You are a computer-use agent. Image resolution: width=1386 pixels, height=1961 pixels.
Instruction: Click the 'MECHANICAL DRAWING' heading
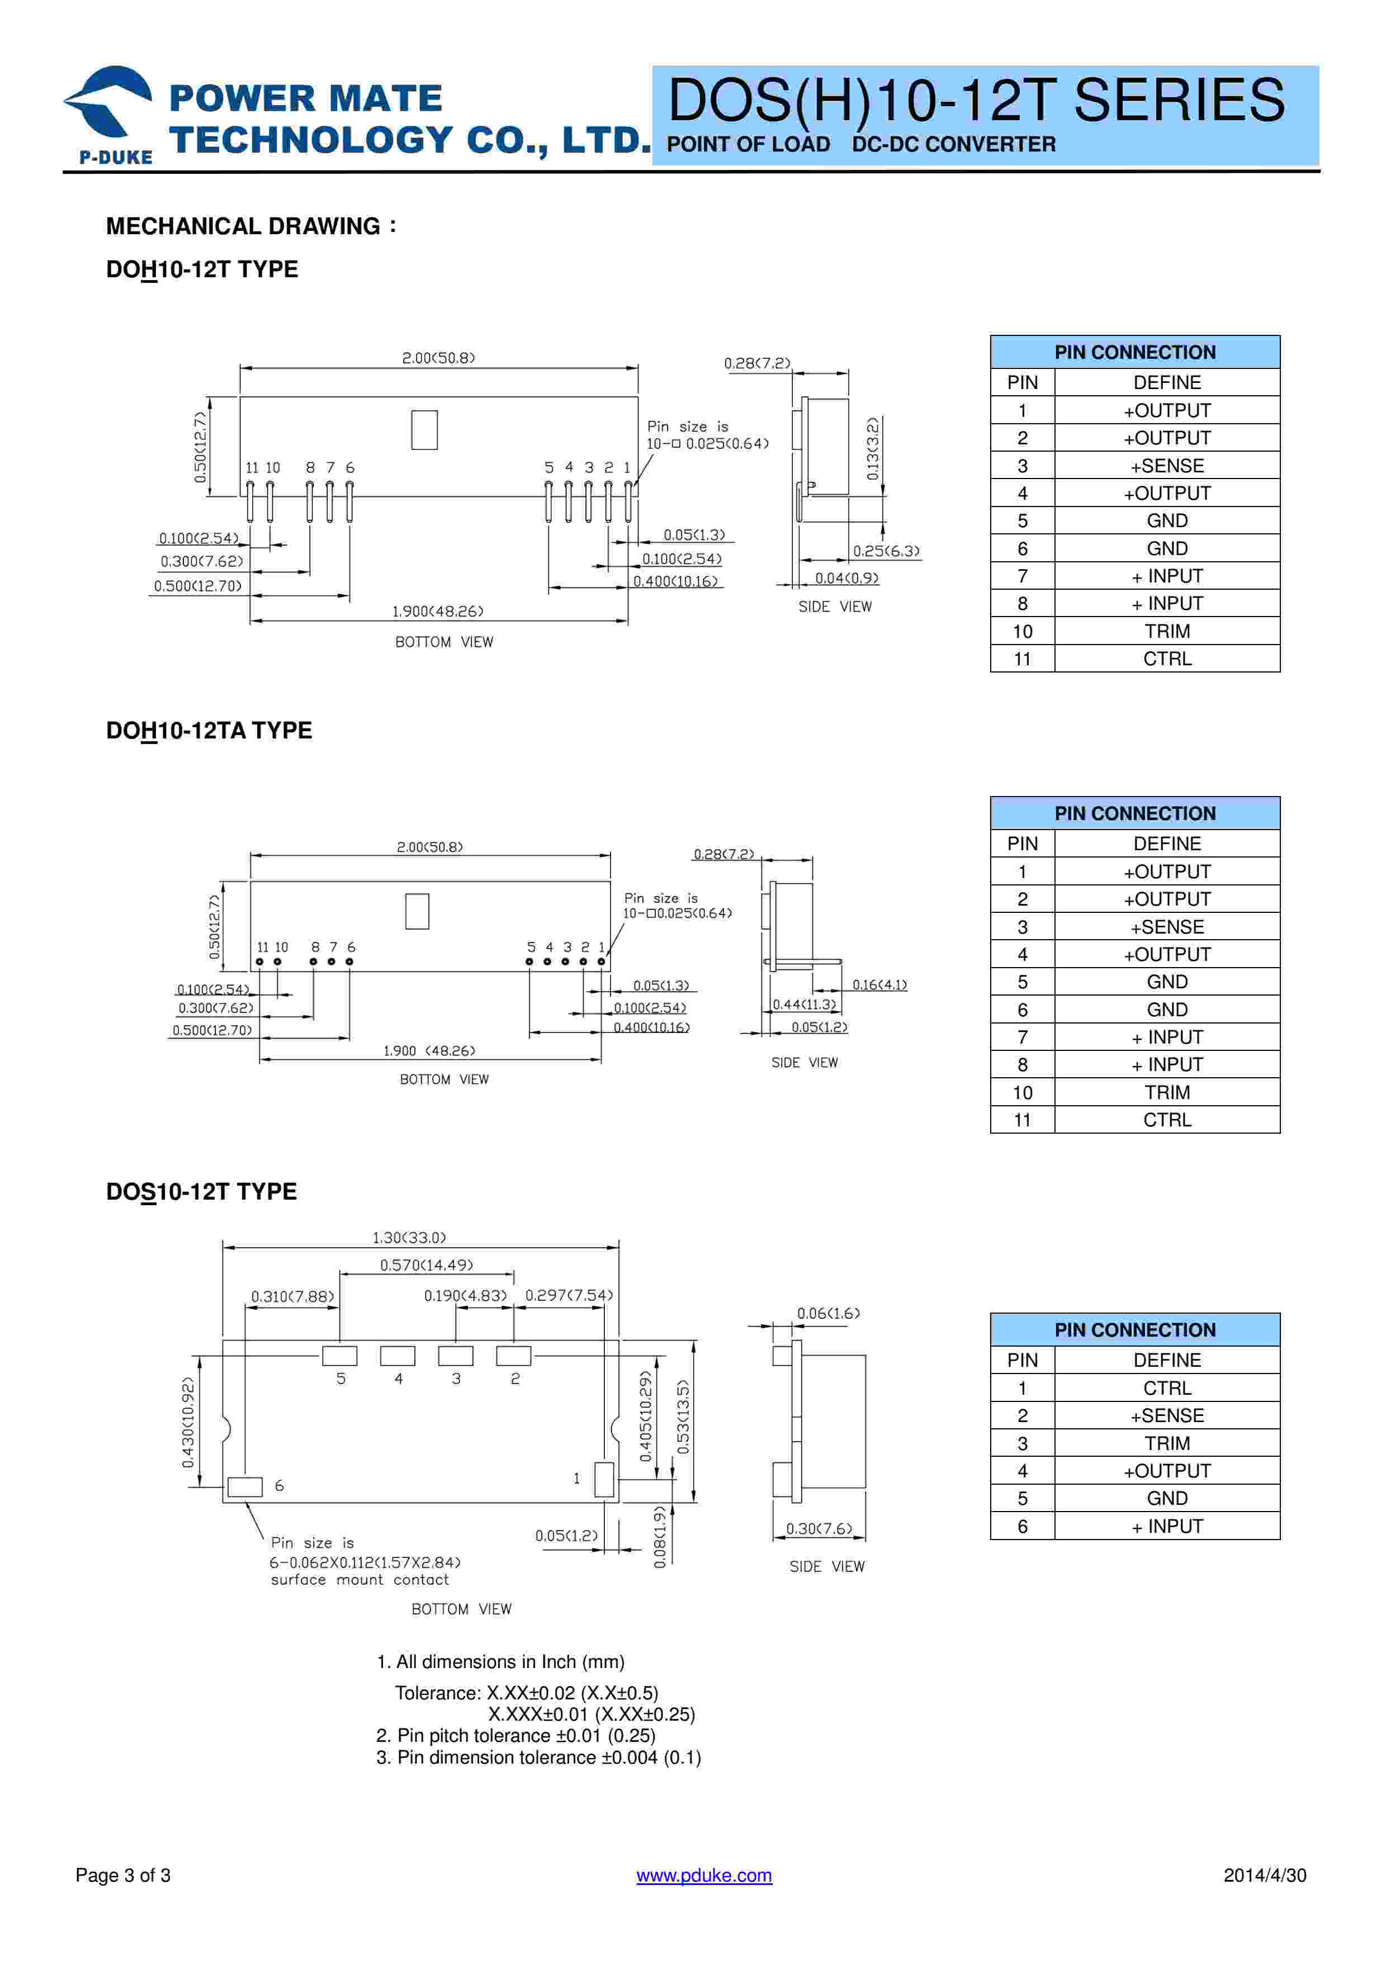pyautogui.click(x=243, y=226)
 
